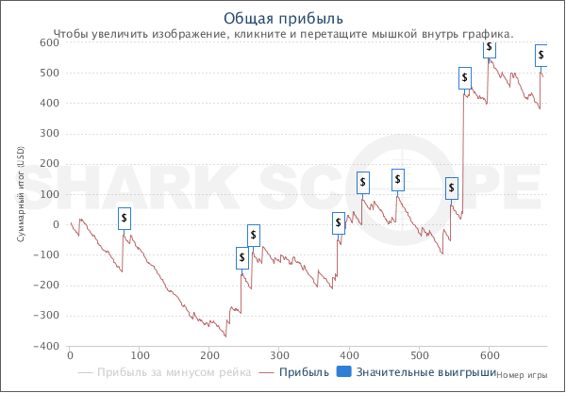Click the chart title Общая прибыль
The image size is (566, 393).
[283, 18]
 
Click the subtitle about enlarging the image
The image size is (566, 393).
[283, 33]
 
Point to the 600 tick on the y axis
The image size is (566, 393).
[48, 42]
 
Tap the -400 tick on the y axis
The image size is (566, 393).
[44, 347]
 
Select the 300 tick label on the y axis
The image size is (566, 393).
[48, 134]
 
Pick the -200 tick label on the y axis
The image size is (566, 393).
[44, 286]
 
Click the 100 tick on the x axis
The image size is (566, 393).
[140, 356]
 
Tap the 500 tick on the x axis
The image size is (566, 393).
[420, 356]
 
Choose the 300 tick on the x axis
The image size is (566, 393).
[279, 356]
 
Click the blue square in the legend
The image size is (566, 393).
[344, 372]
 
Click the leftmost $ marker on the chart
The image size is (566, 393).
[125, 218]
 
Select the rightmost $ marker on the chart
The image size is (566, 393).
[541, 55]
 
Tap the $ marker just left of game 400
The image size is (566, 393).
[339, 223]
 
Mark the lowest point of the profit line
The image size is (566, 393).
[225, 336]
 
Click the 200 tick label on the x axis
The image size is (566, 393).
[209, 356]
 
